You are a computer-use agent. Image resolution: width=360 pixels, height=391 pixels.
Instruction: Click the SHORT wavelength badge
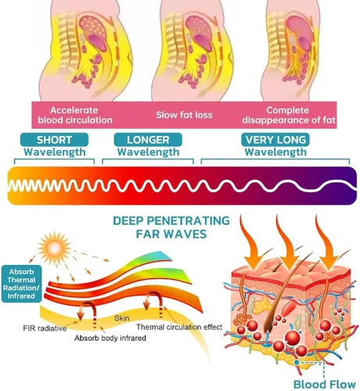click(x=54, y=140)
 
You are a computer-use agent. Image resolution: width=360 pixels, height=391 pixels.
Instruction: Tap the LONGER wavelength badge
click(x=148, y=140)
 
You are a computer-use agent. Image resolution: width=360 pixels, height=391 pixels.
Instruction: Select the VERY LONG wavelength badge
click(x=275, y=140)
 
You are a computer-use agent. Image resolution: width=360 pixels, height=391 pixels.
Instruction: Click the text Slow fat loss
click(x=184, y=115)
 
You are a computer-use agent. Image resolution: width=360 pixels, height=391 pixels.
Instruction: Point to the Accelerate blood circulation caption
click(x=75, y=115)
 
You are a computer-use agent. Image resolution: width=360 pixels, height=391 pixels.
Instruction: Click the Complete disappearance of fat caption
click(x=288, y=115)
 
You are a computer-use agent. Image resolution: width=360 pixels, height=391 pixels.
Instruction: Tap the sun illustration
click(x=54, y=247)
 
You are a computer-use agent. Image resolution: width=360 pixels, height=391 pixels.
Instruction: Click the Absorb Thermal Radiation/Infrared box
click(x=21, y=284)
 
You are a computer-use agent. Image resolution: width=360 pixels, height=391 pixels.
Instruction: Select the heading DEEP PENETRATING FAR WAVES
click(x=171, y=228)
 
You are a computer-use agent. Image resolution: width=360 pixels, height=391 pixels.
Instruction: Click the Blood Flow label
click(x=325, y=385)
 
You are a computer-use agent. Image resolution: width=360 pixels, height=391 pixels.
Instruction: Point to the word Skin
click(x=122, y=318)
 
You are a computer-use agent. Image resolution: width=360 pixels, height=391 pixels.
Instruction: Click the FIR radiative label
click(x=45, y=328)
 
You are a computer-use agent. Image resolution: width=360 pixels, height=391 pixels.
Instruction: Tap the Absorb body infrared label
click(x=110, y=338)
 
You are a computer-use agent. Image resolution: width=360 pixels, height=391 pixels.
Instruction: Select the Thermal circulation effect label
click(x=179, y=327)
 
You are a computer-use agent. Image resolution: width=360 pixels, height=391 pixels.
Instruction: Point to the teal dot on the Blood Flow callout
click(x=297, y=362)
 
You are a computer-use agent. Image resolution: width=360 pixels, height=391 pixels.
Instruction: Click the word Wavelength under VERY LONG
click(x=275, y=152)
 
